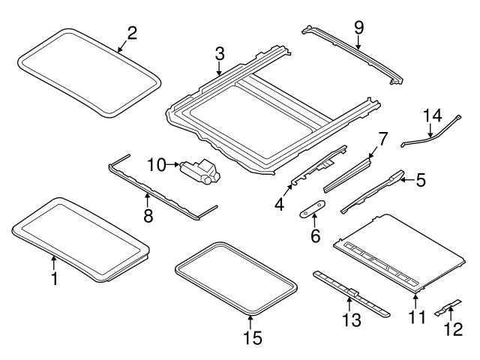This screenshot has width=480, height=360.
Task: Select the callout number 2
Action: pyautogui.click(x=132, y=32)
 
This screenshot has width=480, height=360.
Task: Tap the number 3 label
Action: pyautogui.click(x=219, y=55)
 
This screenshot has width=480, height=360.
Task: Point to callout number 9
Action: pyautogui.click(x=358, y=28)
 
